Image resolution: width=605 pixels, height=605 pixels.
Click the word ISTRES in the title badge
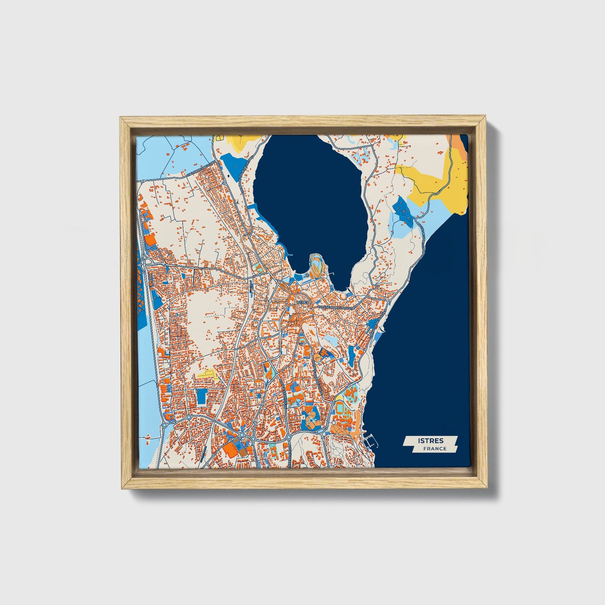pyautogui.click(x=430, y=440)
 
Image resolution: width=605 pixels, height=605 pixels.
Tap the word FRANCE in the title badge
pyautogui.click(x=435, y=448)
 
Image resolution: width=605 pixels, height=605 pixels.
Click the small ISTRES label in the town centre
pyautogui.click(x=302, y=302)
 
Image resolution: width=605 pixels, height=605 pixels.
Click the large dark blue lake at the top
pyautogui.click(x=310, y=197)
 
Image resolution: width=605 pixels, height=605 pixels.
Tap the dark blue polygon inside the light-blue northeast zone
pyautogui.click(x=404, y=209)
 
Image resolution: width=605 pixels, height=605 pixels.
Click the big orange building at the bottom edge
pyautogui.click(x=229, y=450)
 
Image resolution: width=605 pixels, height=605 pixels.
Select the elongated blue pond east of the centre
pyautogui.click(x=351, y=354)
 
